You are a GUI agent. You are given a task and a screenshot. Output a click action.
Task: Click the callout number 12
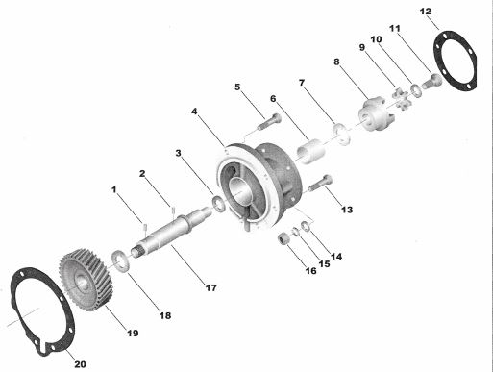[426, 12]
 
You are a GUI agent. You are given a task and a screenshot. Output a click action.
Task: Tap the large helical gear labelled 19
[86, 280]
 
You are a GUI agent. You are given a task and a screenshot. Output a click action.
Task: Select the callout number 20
[80, 364]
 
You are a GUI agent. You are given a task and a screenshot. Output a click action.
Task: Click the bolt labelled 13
[321, 184]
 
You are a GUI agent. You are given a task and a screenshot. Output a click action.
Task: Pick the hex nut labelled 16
[283, 238]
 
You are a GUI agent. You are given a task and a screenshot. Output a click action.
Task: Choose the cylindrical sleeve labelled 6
[311, 150]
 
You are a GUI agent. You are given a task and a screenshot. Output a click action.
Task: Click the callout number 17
[210, 288]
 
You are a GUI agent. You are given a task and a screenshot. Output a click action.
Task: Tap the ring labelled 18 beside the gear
[120, 260]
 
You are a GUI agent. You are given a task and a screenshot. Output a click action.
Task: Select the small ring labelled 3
[219, 204]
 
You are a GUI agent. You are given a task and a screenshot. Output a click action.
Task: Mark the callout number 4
[194, 112]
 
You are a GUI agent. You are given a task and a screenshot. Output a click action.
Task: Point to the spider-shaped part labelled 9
[401, 98]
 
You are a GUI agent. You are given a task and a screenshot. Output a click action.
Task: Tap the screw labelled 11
[431, 81]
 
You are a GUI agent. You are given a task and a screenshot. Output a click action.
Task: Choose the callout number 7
[302, 83]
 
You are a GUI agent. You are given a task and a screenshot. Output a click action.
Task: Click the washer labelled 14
[306, 226]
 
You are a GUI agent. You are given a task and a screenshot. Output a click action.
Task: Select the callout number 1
[114, 189]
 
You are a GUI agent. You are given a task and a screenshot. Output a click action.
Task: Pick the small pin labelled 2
[173, 211]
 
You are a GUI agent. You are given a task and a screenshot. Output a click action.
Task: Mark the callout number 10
[376, 39]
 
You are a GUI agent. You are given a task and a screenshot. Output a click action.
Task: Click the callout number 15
[324, 263]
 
